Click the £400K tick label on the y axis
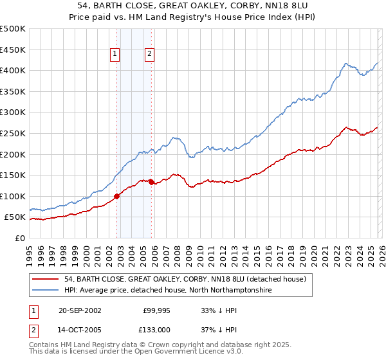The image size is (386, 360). click(x=13, y=71)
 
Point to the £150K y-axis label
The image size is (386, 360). click(x=13, y=175)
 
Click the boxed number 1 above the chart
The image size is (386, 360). click(x=115, y=55)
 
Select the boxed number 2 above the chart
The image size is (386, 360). click(x=149, y=55)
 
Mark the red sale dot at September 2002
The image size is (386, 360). click(x=117, y=196)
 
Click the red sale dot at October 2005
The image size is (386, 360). click(x=151, y=182)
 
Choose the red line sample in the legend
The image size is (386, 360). click(x=46, y=279)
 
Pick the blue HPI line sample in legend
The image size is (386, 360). click(x=46, y=290)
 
